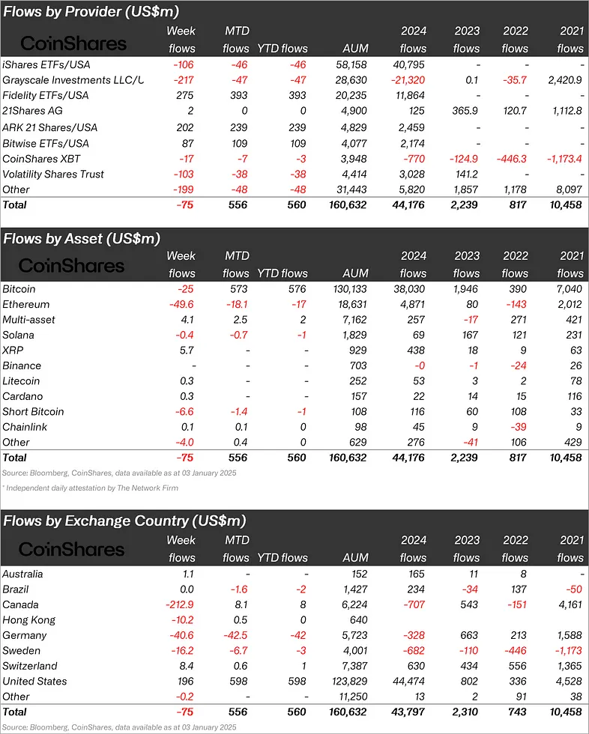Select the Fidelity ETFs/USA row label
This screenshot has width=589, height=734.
(x=46, y=96)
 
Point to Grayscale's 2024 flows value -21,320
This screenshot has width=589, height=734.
(x=407, y=80)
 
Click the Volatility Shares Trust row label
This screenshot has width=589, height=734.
(x=53, y=174)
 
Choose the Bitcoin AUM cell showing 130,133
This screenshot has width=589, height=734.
(x=348, y=289)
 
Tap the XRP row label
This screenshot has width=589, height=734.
(x=13, y=351)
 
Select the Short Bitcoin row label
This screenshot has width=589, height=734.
(x=33, y=412)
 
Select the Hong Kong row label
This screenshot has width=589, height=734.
(x=29, y=620)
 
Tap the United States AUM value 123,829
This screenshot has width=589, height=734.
(x=348, y=682)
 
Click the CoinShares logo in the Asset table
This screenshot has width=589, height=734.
(x=72, y=266)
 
